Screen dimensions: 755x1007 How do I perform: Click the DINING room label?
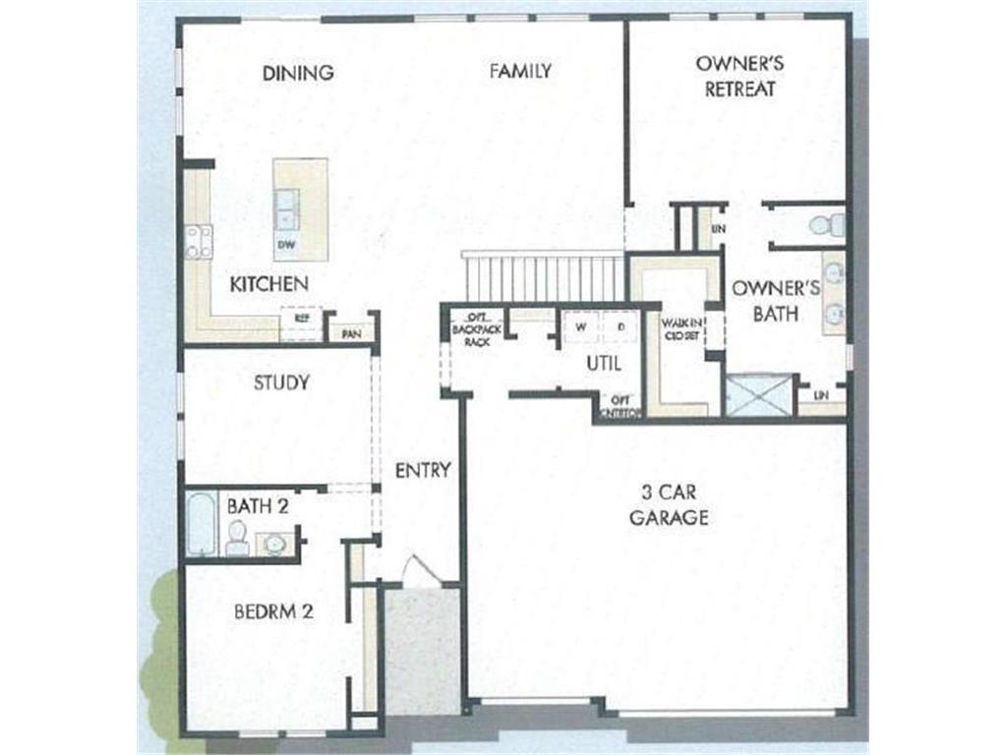coord(298,73)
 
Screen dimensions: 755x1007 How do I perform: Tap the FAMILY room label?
coord(520,71)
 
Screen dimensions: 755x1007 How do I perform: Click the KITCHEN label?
coord(268,284)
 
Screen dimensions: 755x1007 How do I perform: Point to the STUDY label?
coord(281,382)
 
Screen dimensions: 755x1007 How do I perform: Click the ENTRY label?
coord(423,471)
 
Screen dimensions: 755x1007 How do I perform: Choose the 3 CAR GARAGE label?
coord(669,504)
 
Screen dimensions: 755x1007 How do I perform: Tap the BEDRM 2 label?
coord(273,611)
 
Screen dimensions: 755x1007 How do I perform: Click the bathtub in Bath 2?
coord(201,524)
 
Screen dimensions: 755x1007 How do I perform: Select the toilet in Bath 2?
coord(237,538)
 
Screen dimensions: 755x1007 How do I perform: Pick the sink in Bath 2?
coord(274,543)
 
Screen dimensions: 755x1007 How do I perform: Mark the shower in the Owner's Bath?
coord(757,395)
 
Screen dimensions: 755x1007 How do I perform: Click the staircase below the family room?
coord(543,277)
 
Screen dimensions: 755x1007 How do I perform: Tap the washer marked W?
coord(581,326)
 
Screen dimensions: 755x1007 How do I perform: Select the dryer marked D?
coord(620,326)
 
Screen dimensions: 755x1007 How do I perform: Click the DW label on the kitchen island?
coord(288,244)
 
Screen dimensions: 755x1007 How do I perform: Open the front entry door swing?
coord(421,572)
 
